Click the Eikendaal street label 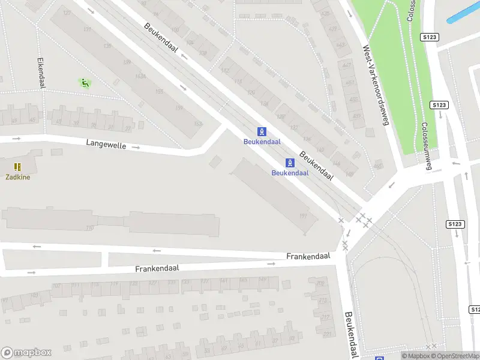41,73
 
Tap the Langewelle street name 106,144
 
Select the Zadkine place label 17,177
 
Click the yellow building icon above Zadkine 17,167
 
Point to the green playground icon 85,83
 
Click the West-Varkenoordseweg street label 376,85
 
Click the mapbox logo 26,353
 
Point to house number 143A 140,76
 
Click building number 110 90,227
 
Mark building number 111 303,216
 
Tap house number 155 159,92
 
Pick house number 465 377,166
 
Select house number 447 346,64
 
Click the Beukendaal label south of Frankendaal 351,334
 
